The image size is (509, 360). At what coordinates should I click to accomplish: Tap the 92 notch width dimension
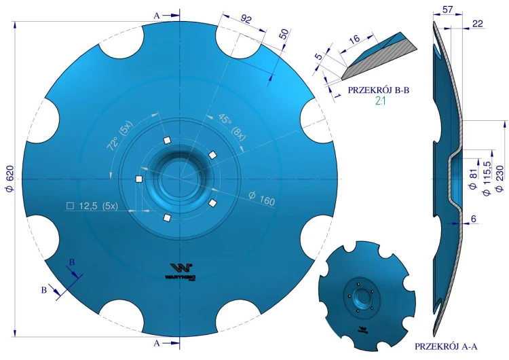[246, 19]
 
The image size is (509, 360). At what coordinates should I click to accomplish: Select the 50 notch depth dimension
[284, 34]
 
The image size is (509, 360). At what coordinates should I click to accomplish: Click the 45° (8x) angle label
[231, 127]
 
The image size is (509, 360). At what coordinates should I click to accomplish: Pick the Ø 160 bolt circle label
[262, 198]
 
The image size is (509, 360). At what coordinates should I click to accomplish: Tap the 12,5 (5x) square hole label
[92, 206]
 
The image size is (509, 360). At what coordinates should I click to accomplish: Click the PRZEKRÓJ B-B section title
[379, 90]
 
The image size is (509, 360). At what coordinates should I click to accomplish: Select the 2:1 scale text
[380, 101]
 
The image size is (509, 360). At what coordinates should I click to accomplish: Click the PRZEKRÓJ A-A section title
[446, 346]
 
